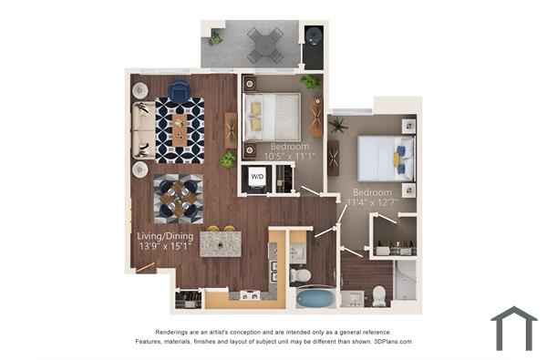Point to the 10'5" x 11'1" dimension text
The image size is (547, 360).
[288, 157]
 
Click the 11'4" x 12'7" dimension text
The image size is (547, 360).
[373, 204]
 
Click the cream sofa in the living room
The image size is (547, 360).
[143, 129]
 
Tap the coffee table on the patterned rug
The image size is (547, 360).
[179, 129]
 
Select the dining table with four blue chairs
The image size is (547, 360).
[178, 198]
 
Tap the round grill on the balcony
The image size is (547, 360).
[314, 37]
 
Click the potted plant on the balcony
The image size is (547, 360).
[214, 38]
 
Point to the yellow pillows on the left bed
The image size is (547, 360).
[256, 116]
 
